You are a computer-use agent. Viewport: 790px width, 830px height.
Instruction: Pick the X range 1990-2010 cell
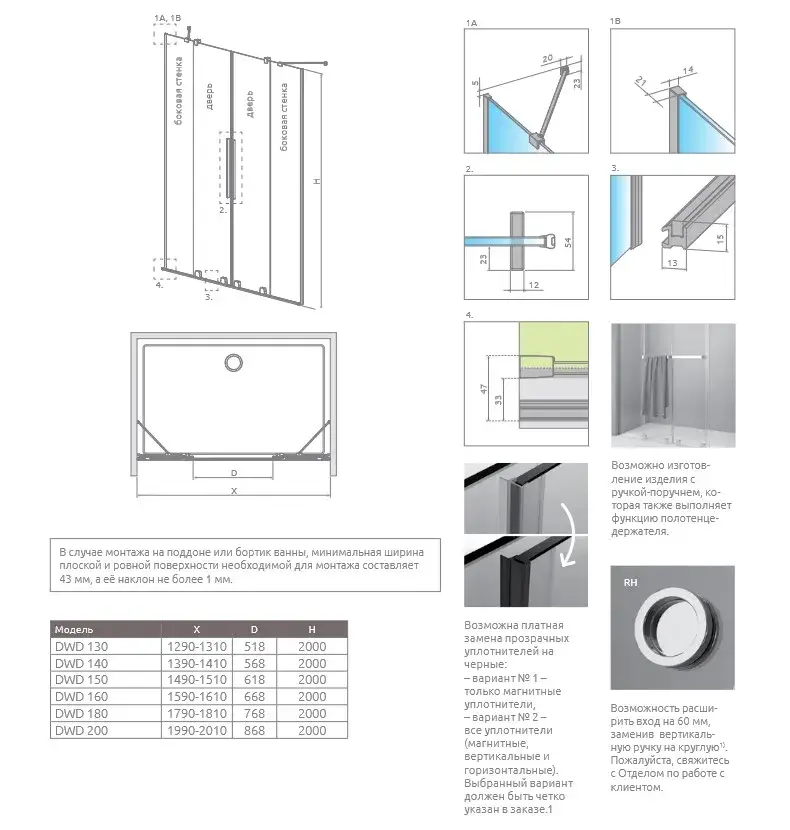pyautogui.click(x=196, y=730)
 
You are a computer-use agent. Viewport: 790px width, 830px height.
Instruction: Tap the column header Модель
pyautogui.click(x=75, y=630)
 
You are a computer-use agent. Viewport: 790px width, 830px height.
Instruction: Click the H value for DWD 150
pyautogui.click(x=313, y=680)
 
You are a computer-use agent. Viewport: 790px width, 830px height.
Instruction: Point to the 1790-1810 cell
pyautogui.click(x=196, y=713)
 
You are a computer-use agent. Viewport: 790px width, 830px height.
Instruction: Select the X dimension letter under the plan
pyautogui.click(x=233, y=491)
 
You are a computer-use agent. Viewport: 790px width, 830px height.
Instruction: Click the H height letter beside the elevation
pyautogui.click(x=315, y=181)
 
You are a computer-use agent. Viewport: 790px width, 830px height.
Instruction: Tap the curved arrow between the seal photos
pyautogui.click(x=569, y=534)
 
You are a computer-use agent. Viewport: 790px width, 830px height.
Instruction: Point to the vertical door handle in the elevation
pyautogui.click(x=231, y=171)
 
